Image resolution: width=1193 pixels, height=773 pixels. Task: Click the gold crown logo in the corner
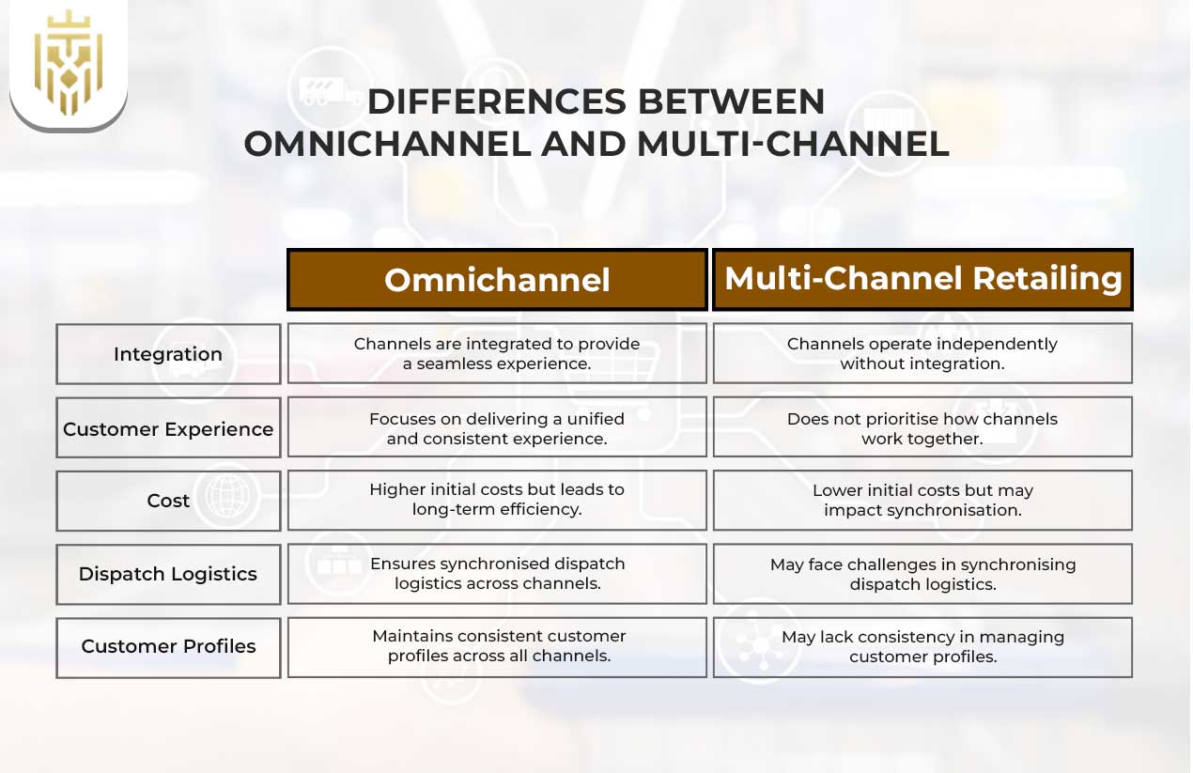(x=68, y=63)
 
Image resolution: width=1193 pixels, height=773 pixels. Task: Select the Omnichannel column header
(x=497, y=280)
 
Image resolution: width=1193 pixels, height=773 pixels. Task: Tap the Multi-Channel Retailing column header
(x=922, y=279)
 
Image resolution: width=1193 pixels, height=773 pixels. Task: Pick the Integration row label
(x=168, y=354)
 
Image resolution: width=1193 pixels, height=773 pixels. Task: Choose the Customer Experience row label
(x=168, y=428)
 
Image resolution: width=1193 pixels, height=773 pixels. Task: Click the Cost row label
(x=168, y=501)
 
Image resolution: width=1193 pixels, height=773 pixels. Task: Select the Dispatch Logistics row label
(x=168, y=574)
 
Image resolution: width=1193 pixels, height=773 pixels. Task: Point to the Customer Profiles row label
(x=168, y=646)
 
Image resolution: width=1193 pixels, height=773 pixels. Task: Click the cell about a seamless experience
(x=497, y=353)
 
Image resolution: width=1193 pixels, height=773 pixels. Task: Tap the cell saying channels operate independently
(x=922, y=353)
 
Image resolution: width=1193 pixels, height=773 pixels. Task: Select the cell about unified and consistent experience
(x=497, y=427)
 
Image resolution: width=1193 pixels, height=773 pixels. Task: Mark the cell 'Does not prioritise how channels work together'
(x=922, y=427)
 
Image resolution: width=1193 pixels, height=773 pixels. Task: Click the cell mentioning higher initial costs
(x=497, y=500)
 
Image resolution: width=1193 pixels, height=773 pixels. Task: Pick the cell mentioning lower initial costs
(x=922, y=500)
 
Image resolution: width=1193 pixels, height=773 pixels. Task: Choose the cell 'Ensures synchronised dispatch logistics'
(x=497, y=573)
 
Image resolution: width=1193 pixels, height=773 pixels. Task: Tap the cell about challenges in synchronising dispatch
(x=922, y=573)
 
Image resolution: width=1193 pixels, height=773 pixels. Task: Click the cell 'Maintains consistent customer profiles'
(x=497, y=646)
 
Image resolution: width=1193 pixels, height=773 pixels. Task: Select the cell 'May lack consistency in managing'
(x=922, y=646)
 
